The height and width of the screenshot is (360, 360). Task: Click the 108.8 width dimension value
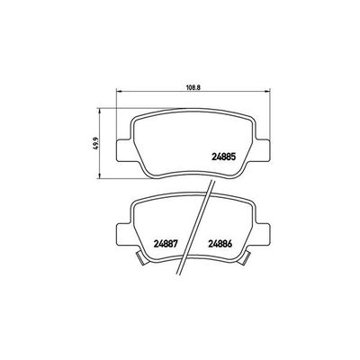(x=192, y=87)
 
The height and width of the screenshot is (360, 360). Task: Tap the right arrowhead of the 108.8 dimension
(x=265, y=94)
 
